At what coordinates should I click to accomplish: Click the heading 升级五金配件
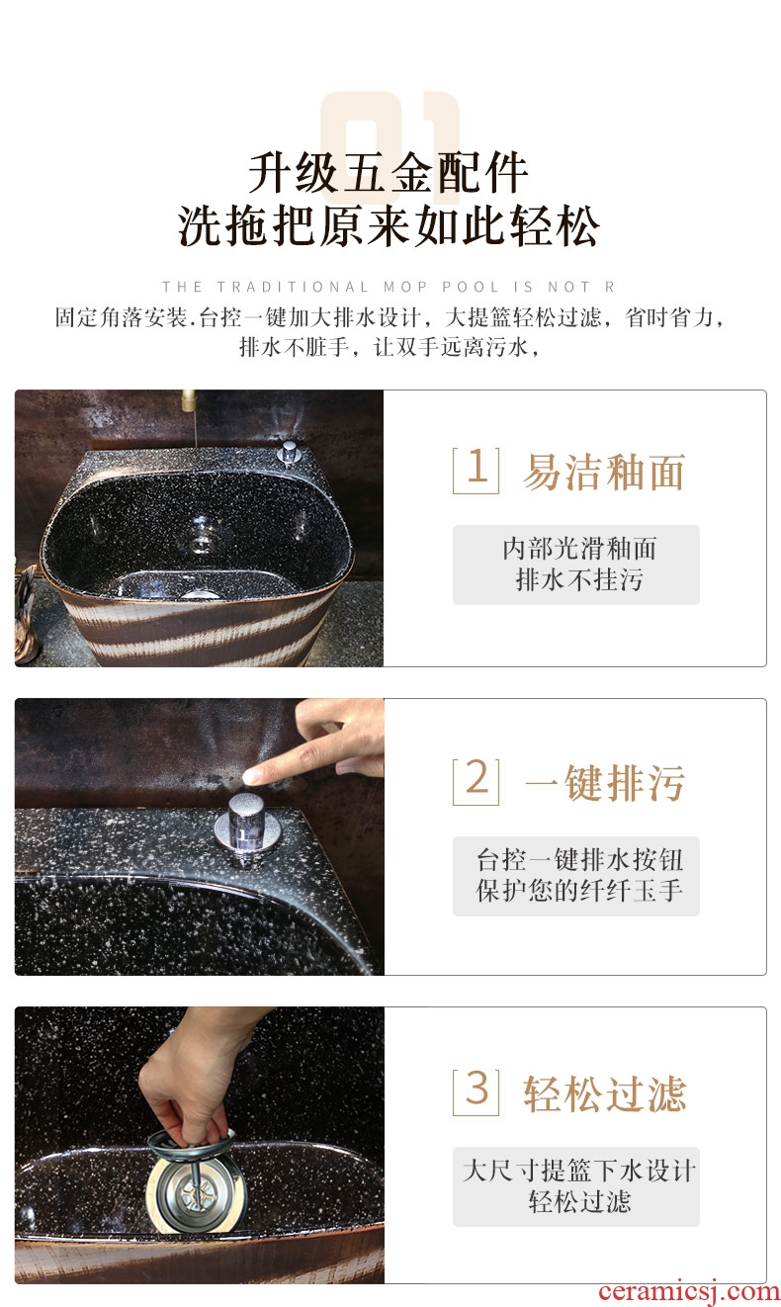click(x=389, y=173)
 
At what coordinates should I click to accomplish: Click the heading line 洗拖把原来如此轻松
click(x=389, y=225)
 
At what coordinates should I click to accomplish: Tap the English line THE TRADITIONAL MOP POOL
click(x=389, y=287)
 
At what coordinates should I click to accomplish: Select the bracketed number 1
click(x=476, y=471)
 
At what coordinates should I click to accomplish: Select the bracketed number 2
click(x=476, y=782)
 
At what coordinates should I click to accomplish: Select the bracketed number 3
click(x=476, y=1092)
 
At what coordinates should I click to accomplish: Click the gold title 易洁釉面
click(x=604, y=472)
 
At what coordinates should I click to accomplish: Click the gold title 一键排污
click(x=604, y=782)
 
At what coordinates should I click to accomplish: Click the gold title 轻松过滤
click(x=604, y=1093)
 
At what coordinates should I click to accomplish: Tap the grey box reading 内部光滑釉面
click(x=576, y=565)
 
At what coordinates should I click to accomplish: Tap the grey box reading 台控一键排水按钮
click(x=576, y=876)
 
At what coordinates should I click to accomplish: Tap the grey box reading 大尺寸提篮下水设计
click(x=576, y=1186)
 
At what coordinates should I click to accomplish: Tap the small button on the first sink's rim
click(x=289, y=454)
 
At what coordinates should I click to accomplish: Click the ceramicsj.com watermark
click(x=688, y=1292)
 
